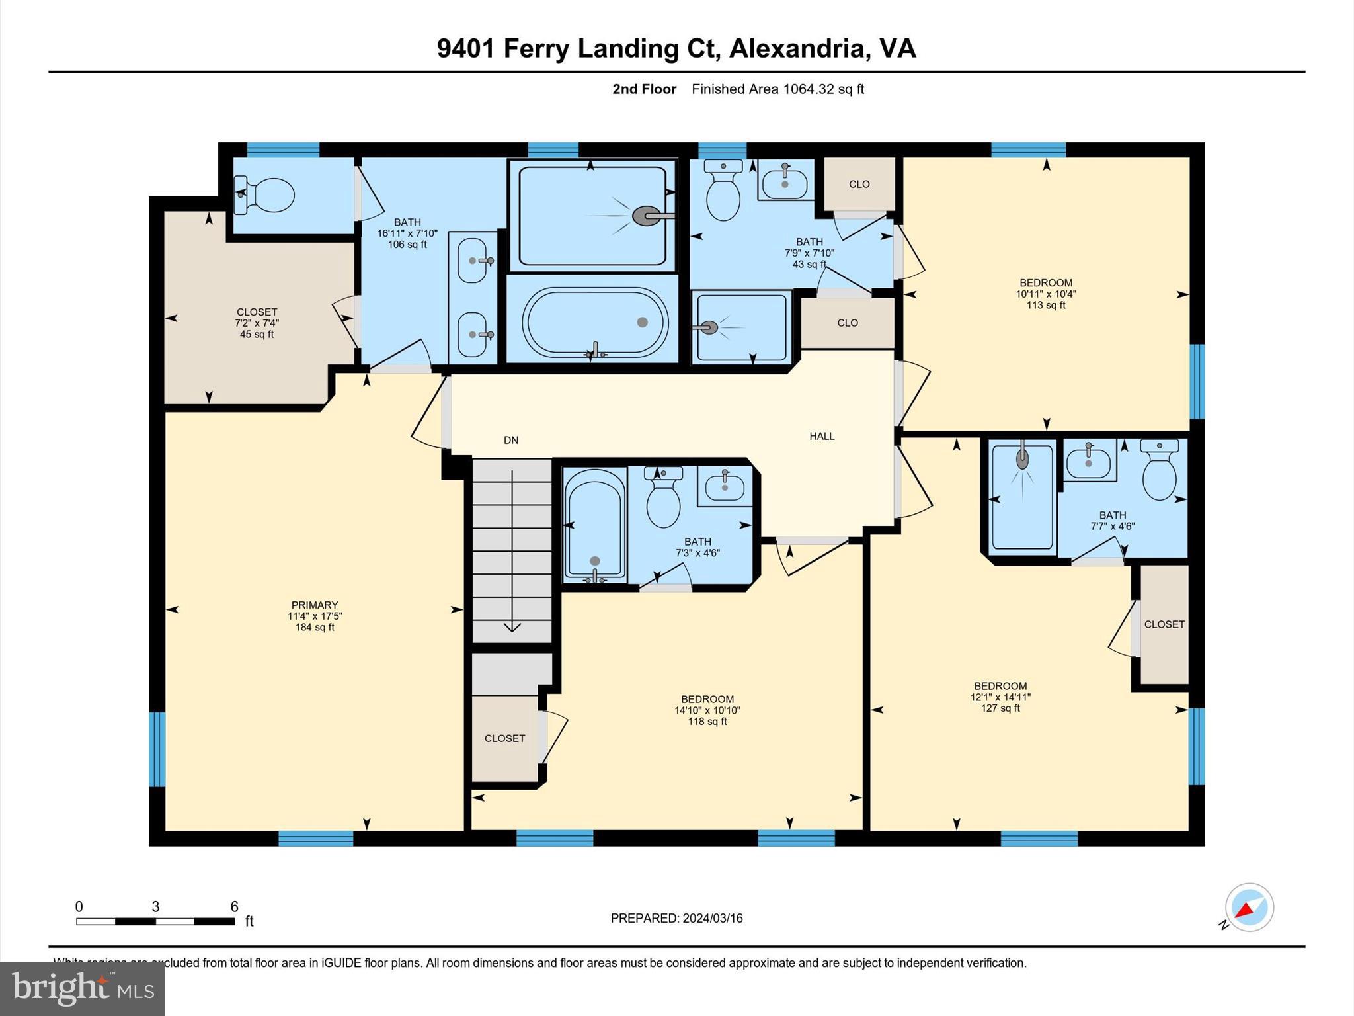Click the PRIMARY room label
(315, 615)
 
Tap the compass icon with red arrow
(1249, 908)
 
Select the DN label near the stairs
(511, 440)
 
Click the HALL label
(822, 436)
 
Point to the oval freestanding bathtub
(595, 322)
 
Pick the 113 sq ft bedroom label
(1046, 294)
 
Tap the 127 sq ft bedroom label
(1000, 697)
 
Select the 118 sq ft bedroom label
(707, 710)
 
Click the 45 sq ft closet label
(257, 323)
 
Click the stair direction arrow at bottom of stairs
(512, 626)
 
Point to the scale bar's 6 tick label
(234, 906)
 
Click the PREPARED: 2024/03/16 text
(676, 918)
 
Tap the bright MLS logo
(83, 989)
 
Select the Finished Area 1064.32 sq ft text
(777, 89)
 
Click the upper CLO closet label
(859, 184)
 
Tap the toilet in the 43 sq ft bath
(723, 192)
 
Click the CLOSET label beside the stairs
(504, 738)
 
